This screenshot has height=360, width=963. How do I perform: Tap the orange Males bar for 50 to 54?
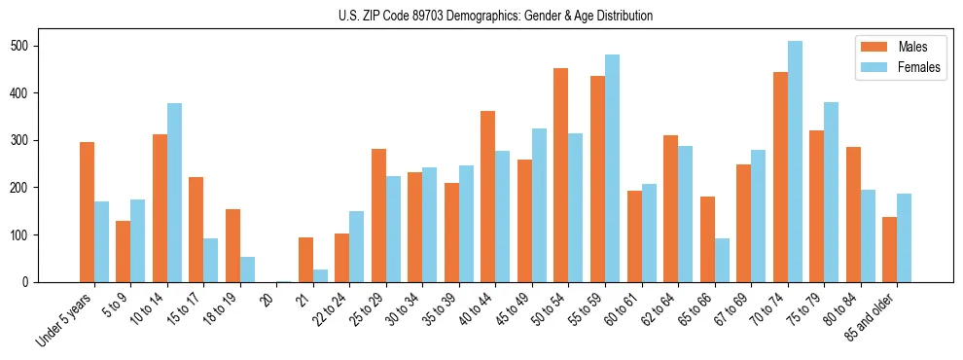561,175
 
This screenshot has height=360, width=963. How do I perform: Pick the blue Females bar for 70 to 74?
795,162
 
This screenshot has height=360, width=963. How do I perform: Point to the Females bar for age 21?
320,275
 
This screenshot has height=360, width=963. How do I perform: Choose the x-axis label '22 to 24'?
329,307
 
